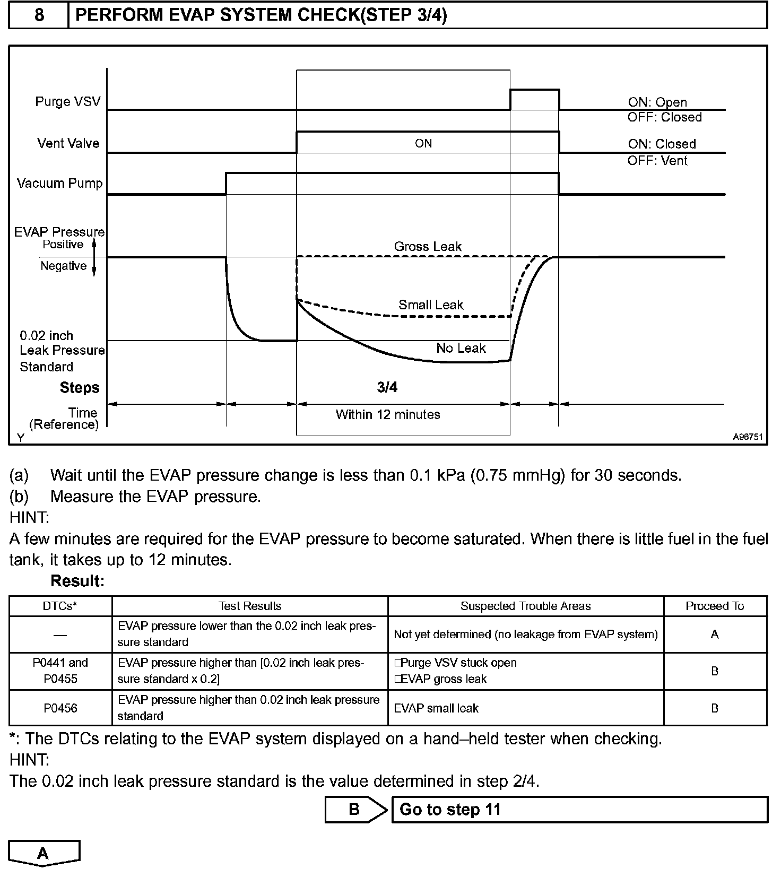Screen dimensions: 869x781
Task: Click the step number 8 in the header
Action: [x=39, y=15]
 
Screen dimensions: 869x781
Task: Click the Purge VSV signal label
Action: [x=67, y=101]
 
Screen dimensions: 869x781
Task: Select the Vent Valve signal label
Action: [x=68, y=143]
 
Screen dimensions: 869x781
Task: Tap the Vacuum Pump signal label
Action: [x=59, y=184]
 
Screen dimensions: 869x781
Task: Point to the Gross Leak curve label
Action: [x=428, y=247]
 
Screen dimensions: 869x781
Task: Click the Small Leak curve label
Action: [x=431, y=305]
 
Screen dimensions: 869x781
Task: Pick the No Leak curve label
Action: [x=461, y=349]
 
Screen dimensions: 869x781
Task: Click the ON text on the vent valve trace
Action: [x=423, y=144]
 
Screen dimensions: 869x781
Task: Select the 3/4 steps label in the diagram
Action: [x=387, y=388]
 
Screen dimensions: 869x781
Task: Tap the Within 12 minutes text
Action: [x=388, y=415]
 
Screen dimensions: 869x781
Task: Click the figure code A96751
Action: [x=748, y=437]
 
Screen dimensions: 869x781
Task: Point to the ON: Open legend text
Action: [x=657, y=102]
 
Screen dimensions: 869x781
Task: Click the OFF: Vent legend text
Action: [x=657, y=161]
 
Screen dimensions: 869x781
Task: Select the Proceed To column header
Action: [x=715, y=606]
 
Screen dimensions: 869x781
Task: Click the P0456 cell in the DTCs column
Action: [x=60, y=708]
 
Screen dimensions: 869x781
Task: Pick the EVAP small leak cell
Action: [x=436, y=708]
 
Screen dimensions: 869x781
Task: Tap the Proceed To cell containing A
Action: [x=715, y=635]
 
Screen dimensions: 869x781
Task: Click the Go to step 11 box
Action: [x=579, y=810]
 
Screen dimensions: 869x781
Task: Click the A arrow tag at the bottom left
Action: [x=44, y=853]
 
